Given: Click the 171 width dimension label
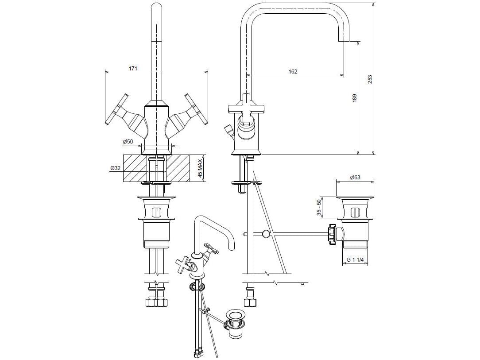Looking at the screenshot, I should (133, 68).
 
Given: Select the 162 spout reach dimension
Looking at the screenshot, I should (293, 71).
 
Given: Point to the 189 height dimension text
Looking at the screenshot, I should (354, 98).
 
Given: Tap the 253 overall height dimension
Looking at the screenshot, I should (370, 78).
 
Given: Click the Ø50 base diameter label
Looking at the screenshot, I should (128, 142).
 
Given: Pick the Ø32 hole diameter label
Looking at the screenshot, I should (115, 168).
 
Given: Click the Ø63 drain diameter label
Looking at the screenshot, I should (355, 178).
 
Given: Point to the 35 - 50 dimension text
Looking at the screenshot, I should (318, 207).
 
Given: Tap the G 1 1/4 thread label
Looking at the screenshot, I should (355, 260).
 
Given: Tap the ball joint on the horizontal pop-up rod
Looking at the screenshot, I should (265, 233).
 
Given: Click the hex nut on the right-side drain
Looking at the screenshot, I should (332, 233).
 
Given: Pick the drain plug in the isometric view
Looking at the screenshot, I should (235, 316).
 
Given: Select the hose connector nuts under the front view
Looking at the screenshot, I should (156, 303).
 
